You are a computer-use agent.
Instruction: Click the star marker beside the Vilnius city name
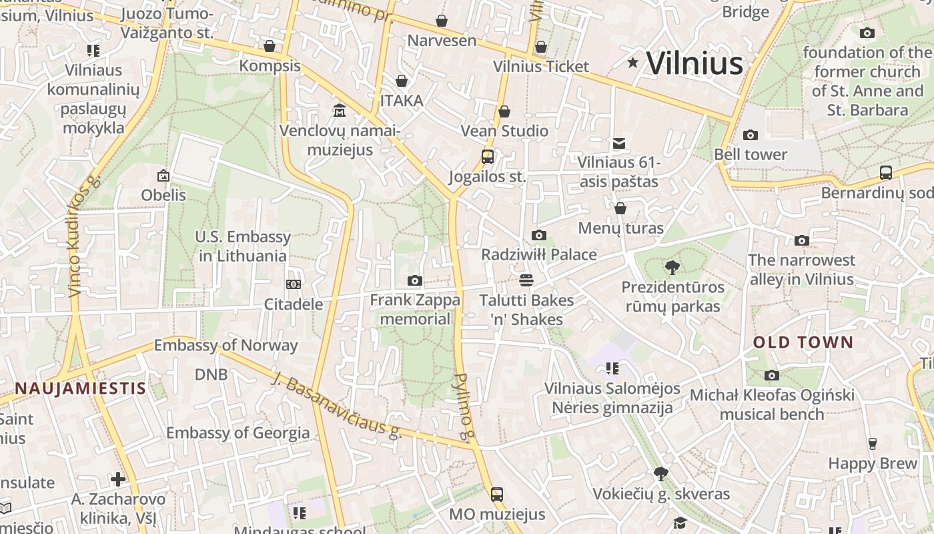click(x=632, y=63)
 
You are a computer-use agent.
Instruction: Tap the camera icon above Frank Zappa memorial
click(x=415, y=280)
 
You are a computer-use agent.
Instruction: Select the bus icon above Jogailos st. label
click(x=488, y=157)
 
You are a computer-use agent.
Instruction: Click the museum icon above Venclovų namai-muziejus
click(x=340, y=109)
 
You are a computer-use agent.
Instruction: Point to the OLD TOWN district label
click(x=803, y=342)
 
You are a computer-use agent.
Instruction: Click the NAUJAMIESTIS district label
click(x=80, y=388)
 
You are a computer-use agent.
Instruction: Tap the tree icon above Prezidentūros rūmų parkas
click(x=672, y=268)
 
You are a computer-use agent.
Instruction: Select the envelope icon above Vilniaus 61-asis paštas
click(x=619, y=143)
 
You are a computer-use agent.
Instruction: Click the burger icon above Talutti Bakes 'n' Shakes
click(x=526, y=280)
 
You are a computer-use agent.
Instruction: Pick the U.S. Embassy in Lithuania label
click(x=243, y=246)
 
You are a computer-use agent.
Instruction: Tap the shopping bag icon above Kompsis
click(x=270, y=46)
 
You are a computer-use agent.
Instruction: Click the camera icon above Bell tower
click(x=751, y=135)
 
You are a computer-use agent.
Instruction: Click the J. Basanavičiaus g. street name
click(x=336, y=405)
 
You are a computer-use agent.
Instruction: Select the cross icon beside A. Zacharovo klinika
click(x=118, y=479)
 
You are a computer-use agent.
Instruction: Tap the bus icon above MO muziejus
click(x=497, y=495)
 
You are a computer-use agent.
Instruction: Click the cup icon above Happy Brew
click(x=872, y=444)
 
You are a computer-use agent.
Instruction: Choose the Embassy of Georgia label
click(x=238, y=433)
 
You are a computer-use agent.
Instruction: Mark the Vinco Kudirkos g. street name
click(x=83, y=236)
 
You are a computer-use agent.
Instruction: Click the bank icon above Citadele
click(x=294, y=284)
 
